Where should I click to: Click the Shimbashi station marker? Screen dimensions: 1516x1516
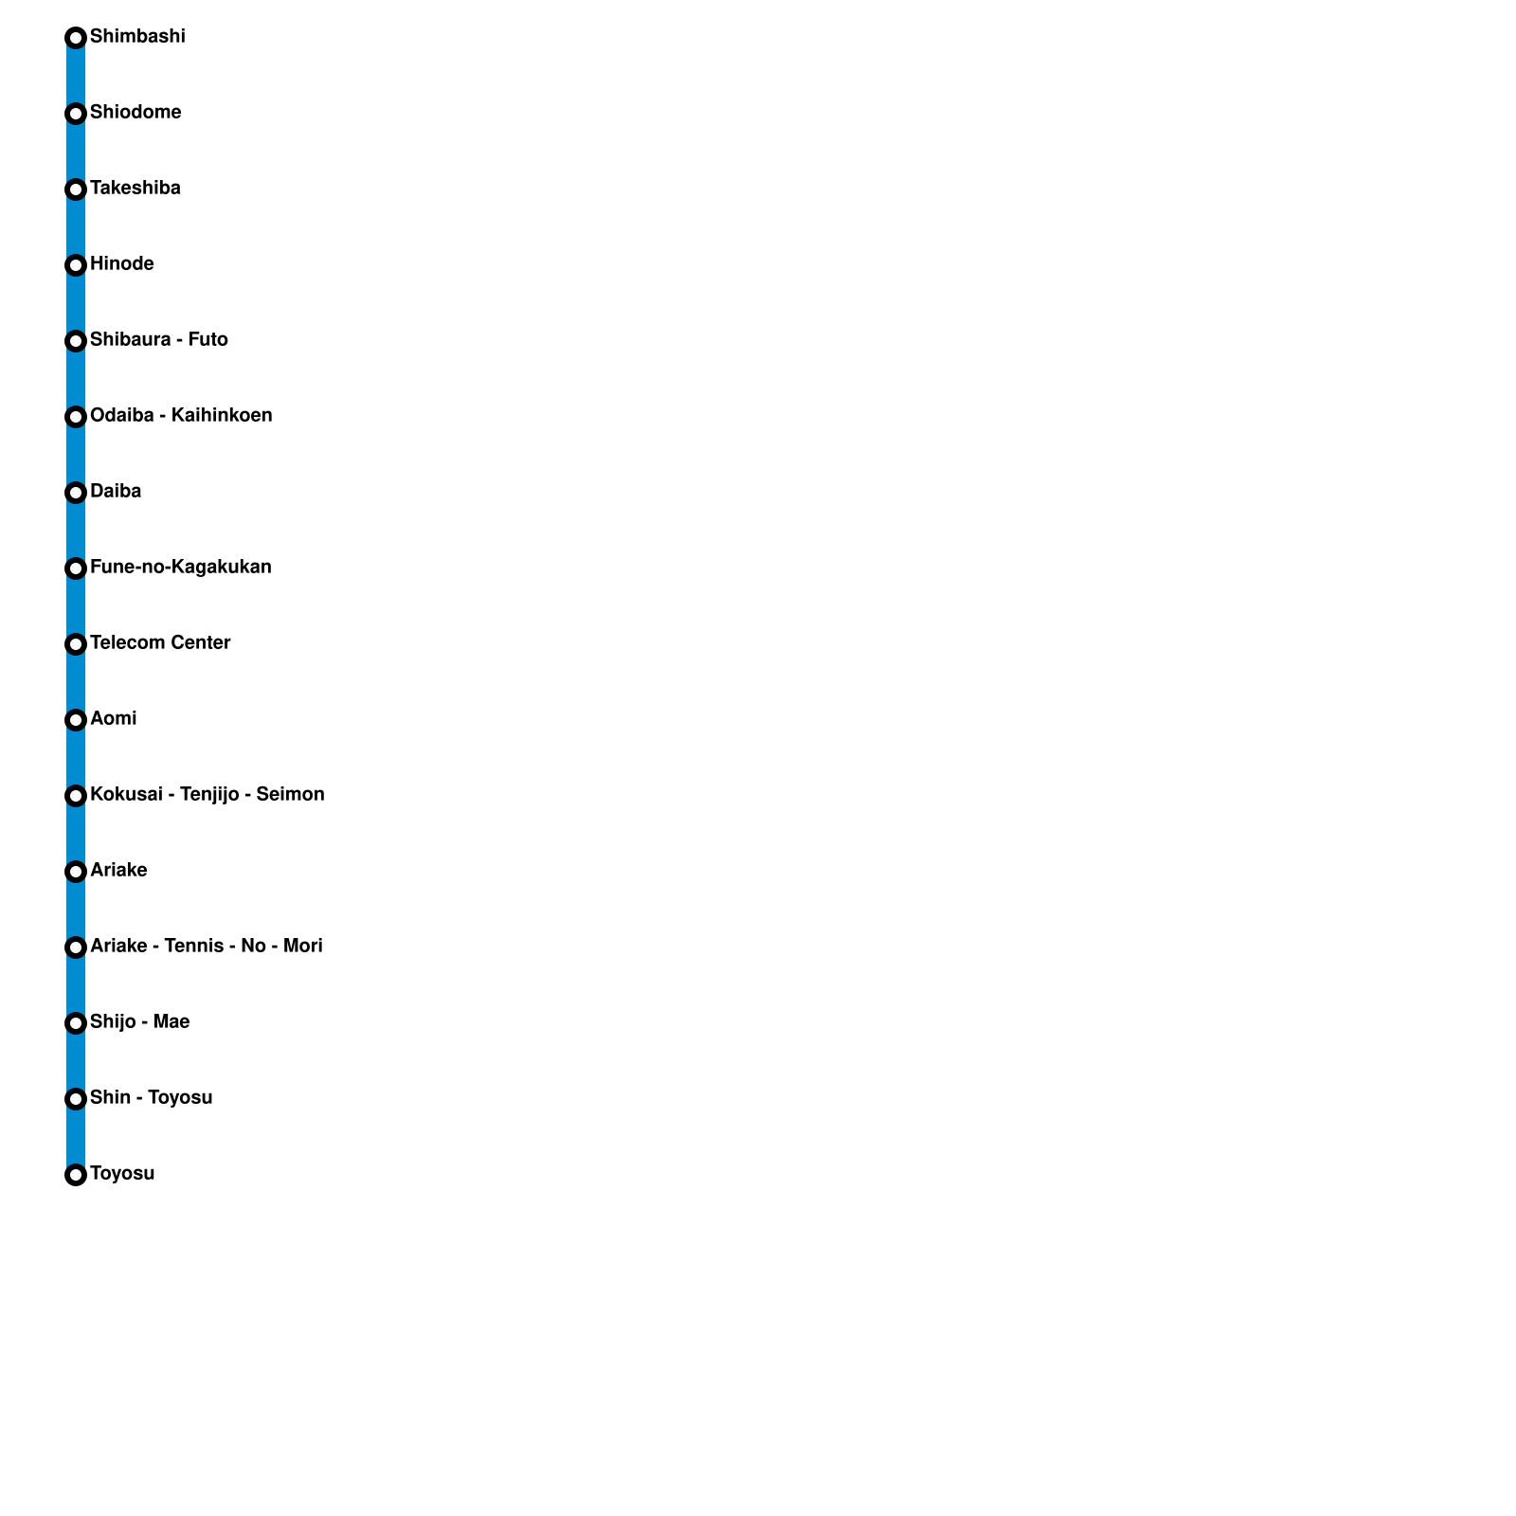76,38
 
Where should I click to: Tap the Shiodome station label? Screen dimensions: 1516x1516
135,113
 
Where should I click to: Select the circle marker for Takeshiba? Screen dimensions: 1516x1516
76,189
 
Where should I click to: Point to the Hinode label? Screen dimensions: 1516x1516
122,264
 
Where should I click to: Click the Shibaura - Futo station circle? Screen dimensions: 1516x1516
76,341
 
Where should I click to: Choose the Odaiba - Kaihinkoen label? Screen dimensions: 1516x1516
181,416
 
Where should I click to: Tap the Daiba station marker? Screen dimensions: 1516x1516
76,493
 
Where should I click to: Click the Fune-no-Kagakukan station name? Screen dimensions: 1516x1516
181,568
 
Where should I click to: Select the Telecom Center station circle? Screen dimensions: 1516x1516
76,644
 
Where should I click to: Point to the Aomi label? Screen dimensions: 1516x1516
114,719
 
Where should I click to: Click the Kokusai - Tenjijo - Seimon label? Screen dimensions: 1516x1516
208,795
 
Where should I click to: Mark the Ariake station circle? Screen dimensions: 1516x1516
76,872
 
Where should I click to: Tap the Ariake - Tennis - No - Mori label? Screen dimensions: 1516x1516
207,947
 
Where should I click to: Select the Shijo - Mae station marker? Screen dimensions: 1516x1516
76,1023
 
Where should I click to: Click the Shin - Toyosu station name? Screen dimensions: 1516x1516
152,1098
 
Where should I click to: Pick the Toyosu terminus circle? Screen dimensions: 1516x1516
76,1175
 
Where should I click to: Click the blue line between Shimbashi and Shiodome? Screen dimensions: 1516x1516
76,76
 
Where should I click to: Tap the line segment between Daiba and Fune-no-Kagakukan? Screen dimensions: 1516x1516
76,531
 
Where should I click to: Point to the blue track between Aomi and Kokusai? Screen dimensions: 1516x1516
76,758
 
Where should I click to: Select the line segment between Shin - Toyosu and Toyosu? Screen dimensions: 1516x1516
76,1137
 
